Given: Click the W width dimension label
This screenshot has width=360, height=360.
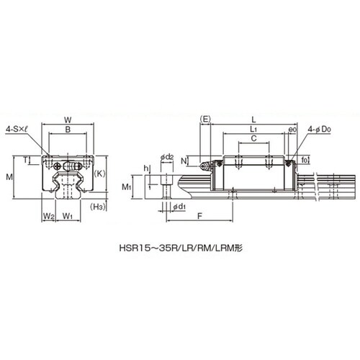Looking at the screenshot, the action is [68, 120].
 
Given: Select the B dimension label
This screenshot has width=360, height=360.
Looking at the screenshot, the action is [68, 130].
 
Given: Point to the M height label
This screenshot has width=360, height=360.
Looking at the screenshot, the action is [9, 177].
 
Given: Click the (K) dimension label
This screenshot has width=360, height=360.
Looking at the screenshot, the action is [99, 174].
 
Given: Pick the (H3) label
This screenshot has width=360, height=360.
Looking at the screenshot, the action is [98, 207].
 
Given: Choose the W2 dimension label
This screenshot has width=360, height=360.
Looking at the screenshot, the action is [49, 216].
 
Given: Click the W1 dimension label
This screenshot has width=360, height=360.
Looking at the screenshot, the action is [68, 216].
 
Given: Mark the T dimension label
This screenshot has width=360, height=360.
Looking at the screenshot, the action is [25, 160].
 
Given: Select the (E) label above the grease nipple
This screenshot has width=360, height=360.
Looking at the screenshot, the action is [205, 119].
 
